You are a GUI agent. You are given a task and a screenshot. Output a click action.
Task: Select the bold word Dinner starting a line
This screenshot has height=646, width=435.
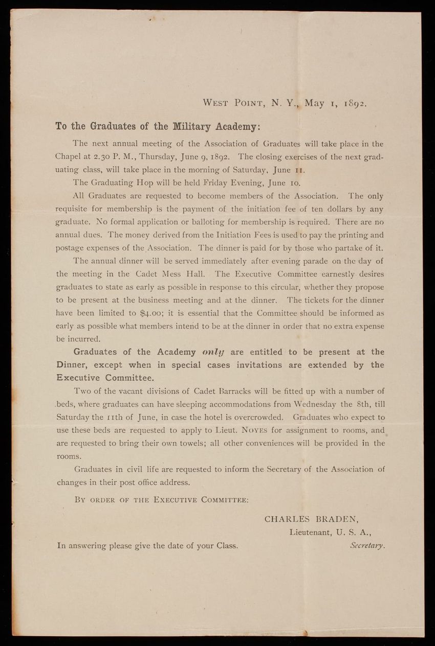point(72,365)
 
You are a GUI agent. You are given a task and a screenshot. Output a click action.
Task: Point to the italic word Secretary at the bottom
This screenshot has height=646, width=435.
point(367,545)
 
